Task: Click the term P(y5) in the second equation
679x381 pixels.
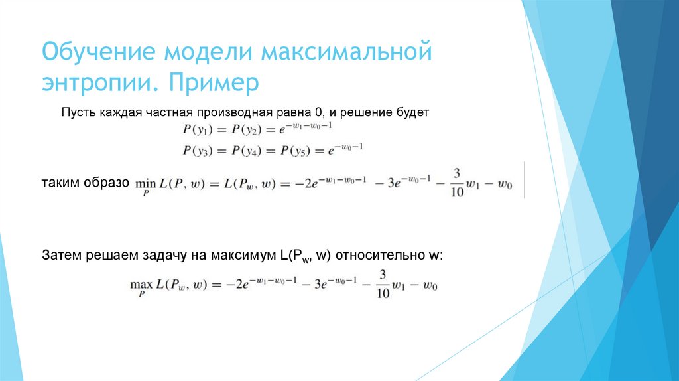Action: (297, 151)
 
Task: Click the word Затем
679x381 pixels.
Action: (61, 256)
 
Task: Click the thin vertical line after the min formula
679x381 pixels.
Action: (525, 179)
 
